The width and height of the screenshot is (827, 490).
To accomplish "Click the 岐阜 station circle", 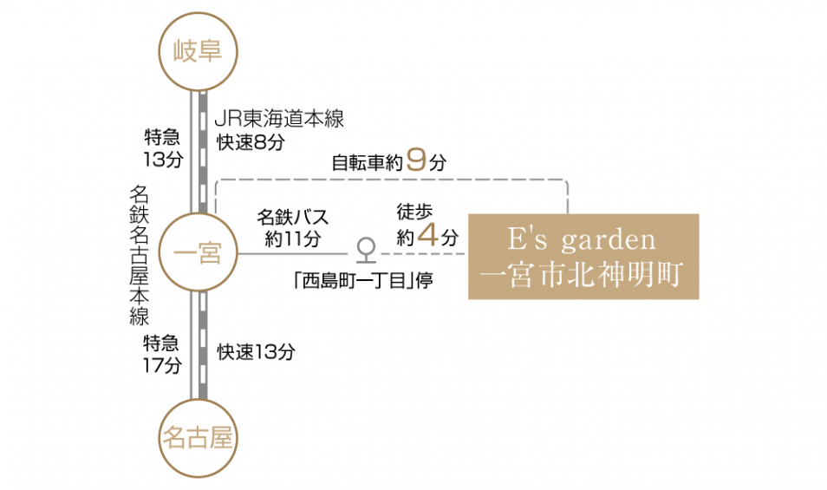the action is (199, 51).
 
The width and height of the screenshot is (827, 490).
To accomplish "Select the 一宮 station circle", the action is (199, 252).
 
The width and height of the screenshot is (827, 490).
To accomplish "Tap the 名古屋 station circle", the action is (199, 438).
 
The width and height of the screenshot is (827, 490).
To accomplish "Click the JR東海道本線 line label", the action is (279, 118).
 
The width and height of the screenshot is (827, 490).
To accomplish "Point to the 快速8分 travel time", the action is (251, 142).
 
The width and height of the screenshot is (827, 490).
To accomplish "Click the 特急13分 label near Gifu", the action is (163, 148).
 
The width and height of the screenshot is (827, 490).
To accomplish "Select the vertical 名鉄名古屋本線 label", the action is (140, 255).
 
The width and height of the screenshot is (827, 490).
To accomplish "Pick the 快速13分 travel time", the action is (257, 352).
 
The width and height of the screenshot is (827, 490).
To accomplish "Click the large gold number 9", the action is (416, 160).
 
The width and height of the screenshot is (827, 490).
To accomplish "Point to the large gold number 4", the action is (427, 235).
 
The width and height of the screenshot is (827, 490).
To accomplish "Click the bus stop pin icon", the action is (366, 251).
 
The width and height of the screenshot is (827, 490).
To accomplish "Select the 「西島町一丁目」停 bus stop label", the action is (364, 280).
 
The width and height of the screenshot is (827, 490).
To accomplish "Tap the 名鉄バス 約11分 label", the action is (292, 228).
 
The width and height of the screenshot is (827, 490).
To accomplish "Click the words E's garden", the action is (582, 239).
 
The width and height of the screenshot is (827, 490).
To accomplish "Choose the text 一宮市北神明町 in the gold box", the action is (583, 274).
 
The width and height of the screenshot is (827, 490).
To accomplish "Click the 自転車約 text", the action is (368, 162).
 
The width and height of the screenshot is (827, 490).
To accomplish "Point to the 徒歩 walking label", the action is (414, 212).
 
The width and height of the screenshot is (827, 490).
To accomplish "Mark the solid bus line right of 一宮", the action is (293, 254).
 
